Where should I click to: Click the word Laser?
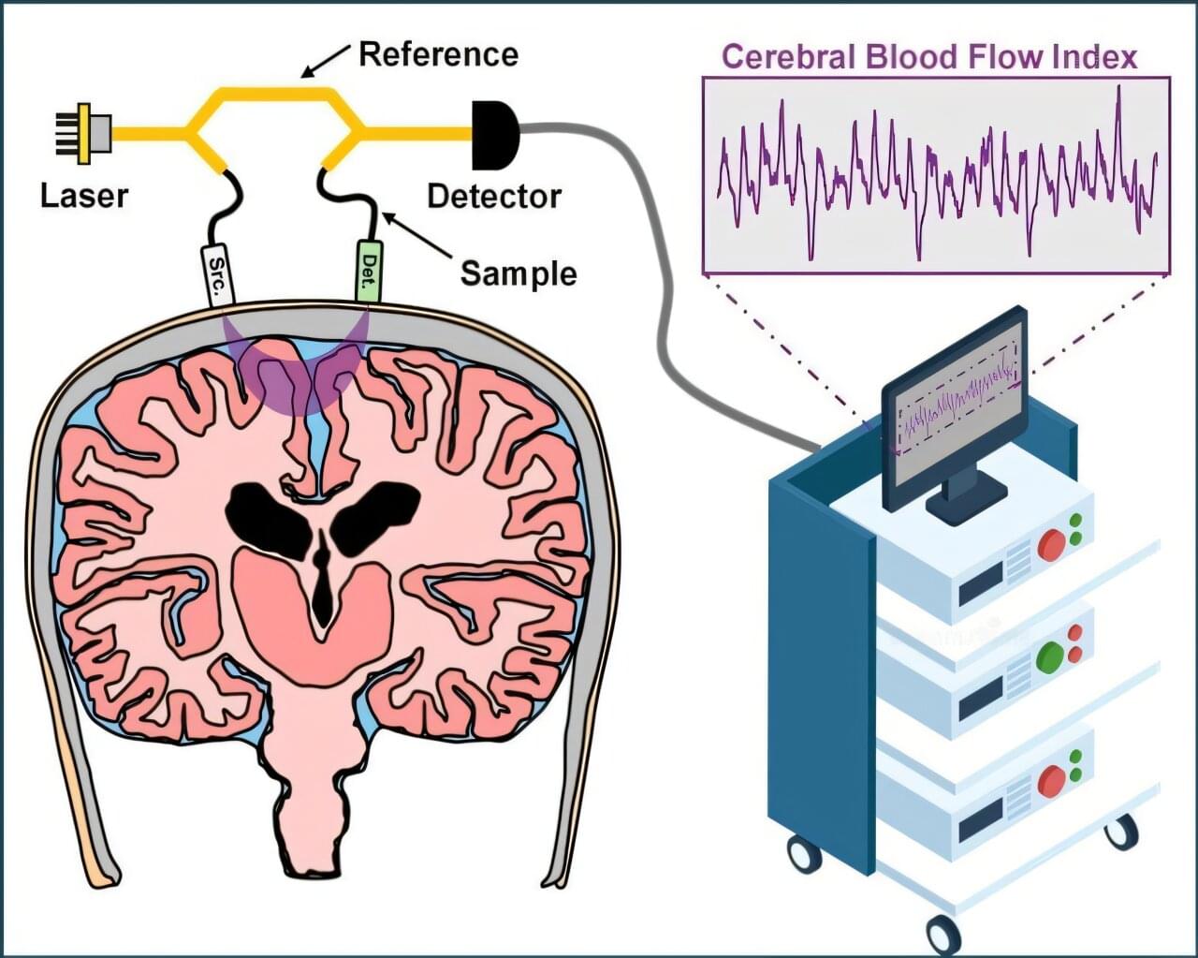point(84,196)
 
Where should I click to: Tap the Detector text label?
point(493,197)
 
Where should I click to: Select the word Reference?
point(438,54)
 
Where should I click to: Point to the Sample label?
point(518,273)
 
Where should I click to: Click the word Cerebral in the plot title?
point(789,57)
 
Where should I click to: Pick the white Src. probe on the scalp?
point(217,274)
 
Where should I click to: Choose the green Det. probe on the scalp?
point(369,272)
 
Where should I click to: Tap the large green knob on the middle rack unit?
point(1049,653)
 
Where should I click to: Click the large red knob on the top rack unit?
point(1051,544)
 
